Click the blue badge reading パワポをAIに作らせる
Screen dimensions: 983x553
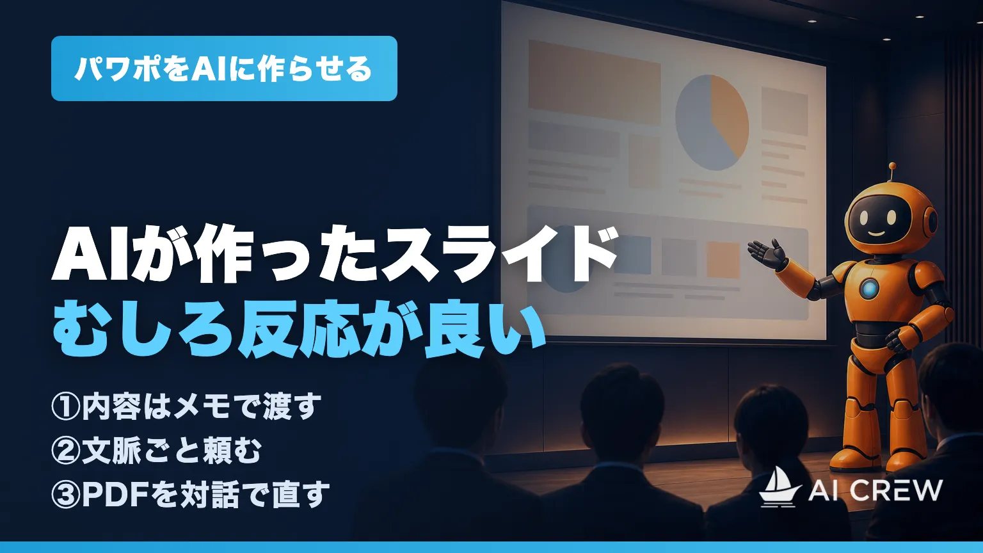224,68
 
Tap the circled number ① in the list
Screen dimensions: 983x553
66,407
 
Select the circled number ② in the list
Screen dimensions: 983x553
66,451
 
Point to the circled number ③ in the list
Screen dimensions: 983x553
66,494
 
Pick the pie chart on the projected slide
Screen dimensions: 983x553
712,122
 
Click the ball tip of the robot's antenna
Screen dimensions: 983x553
892,166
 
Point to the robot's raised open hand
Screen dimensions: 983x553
767,253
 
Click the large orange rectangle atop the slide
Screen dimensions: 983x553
594,82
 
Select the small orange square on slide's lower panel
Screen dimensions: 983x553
723,259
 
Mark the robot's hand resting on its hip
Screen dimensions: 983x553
896,341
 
